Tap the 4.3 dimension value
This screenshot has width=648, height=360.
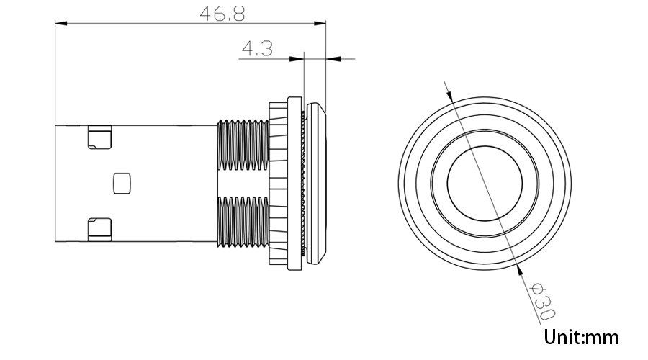click(256, 49)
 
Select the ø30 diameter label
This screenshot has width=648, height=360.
click(542, 302)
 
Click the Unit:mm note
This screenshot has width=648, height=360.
click(582, 336)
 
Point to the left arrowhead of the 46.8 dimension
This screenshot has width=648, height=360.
click(60, 24)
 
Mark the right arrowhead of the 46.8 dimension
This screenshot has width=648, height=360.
click(321, 24)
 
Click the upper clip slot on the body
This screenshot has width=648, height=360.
click(99, 138)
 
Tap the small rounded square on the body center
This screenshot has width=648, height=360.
click(123, 182)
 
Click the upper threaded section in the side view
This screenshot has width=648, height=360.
click(243, 143)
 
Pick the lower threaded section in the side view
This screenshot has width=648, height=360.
click(243, 221)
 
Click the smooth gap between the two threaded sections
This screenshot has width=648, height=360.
click(243, 182)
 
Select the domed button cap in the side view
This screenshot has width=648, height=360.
click(317, 182)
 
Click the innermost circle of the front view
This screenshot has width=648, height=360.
click(483, 182)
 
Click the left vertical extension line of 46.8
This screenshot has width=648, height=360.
click(55, 72)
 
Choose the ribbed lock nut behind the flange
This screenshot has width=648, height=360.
click(277, 182)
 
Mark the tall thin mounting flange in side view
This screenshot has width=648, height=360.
click(293, 182)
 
